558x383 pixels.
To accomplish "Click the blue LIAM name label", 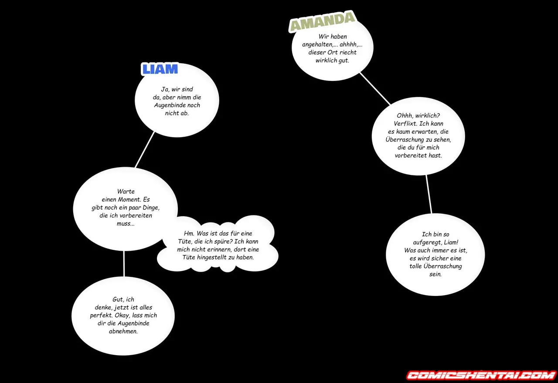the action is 160,69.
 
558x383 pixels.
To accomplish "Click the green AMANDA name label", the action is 323,22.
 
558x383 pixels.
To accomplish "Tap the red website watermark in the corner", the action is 482,375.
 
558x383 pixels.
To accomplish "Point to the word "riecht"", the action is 348,53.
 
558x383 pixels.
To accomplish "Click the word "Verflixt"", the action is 405,124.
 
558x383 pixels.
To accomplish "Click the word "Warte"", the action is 126,191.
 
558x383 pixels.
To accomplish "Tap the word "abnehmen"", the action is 123,331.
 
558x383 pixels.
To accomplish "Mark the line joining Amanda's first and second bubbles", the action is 375,88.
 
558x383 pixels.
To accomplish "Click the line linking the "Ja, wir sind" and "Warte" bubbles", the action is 145,149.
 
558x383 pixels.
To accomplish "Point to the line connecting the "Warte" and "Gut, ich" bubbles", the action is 123,264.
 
